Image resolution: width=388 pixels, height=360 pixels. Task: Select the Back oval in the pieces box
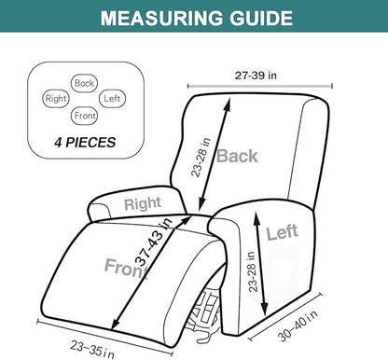click(85, 83)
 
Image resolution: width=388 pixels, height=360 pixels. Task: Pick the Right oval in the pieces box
click(55, 97)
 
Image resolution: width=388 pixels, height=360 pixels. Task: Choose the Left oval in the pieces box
click(112, 97)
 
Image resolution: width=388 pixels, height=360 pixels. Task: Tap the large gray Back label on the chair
click(237, 156)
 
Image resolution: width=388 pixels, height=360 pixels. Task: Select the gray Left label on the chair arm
click(283, 233)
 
